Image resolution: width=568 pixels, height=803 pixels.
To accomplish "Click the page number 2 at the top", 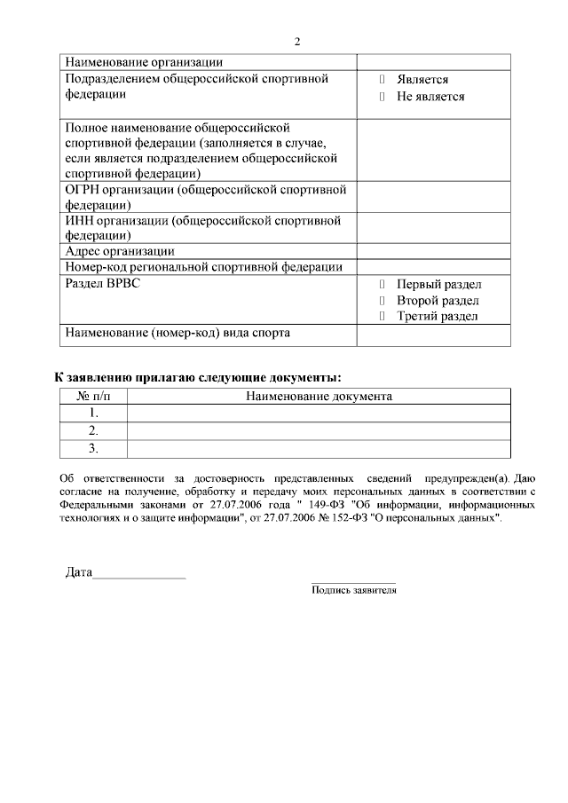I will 297,42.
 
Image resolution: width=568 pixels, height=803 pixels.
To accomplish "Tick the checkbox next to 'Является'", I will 382,80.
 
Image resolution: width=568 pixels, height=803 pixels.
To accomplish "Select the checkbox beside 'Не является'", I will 382,97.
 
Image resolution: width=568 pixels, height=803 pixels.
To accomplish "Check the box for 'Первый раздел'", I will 382,285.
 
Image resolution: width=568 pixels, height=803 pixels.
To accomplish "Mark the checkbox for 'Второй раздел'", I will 382,301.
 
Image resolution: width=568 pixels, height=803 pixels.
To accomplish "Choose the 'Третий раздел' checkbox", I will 382,316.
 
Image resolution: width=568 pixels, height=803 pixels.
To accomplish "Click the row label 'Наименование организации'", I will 144,62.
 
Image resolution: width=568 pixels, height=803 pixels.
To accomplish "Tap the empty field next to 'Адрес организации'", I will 433,251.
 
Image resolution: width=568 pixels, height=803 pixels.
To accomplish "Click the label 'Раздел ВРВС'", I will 103,284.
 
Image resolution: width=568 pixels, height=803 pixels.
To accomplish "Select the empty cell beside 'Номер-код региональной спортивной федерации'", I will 433,267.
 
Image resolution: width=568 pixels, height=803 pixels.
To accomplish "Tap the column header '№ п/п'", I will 93,397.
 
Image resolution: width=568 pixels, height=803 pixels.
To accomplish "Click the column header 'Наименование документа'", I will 319,397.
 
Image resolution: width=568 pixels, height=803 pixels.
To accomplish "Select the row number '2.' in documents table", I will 93,430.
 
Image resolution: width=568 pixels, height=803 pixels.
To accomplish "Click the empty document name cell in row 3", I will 319,448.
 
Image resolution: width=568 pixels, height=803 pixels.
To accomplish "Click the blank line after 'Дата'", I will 139,574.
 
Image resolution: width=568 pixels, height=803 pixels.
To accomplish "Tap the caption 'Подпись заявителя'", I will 353,589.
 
